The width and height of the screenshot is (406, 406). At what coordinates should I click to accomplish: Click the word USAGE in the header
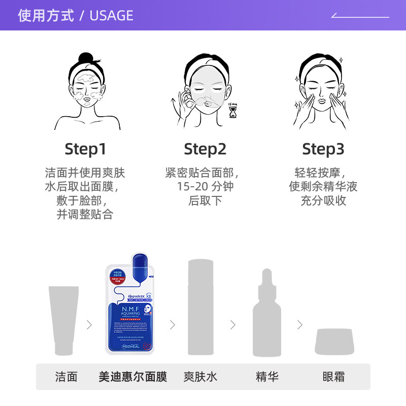point(111,16)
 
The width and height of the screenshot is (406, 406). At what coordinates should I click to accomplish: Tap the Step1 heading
point(85,149)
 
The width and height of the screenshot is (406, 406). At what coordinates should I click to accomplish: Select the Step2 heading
point(205,149)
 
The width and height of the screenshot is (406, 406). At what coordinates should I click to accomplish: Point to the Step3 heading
point(323,149)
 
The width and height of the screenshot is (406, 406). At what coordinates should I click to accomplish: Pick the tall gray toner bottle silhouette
point(200,308)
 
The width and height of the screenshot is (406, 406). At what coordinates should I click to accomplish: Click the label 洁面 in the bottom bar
point(66,377)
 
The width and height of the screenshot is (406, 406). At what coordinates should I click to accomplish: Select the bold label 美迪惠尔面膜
point(132,377)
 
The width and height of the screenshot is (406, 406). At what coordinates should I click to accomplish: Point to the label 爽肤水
point(200,377)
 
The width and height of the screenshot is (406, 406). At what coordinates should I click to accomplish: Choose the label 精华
point(267,377)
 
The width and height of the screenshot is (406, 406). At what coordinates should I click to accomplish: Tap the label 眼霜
point(333,377)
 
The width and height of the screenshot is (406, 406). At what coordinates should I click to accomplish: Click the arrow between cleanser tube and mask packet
point(90,325)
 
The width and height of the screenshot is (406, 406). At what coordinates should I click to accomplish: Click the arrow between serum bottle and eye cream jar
point(300,325)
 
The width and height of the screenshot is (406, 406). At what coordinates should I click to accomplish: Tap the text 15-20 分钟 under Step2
point(205,186)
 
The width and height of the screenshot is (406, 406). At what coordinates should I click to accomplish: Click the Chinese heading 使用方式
point(46,16)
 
